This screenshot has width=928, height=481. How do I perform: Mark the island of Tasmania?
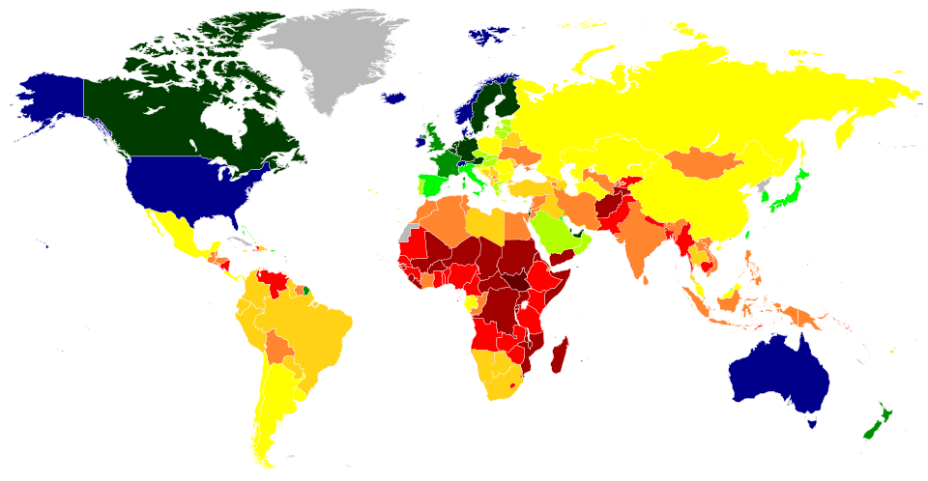(x=812, y=421)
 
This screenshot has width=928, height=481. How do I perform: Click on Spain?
(x=431, y=184)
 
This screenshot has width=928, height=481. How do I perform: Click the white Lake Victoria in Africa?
(x=524, y=304)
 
